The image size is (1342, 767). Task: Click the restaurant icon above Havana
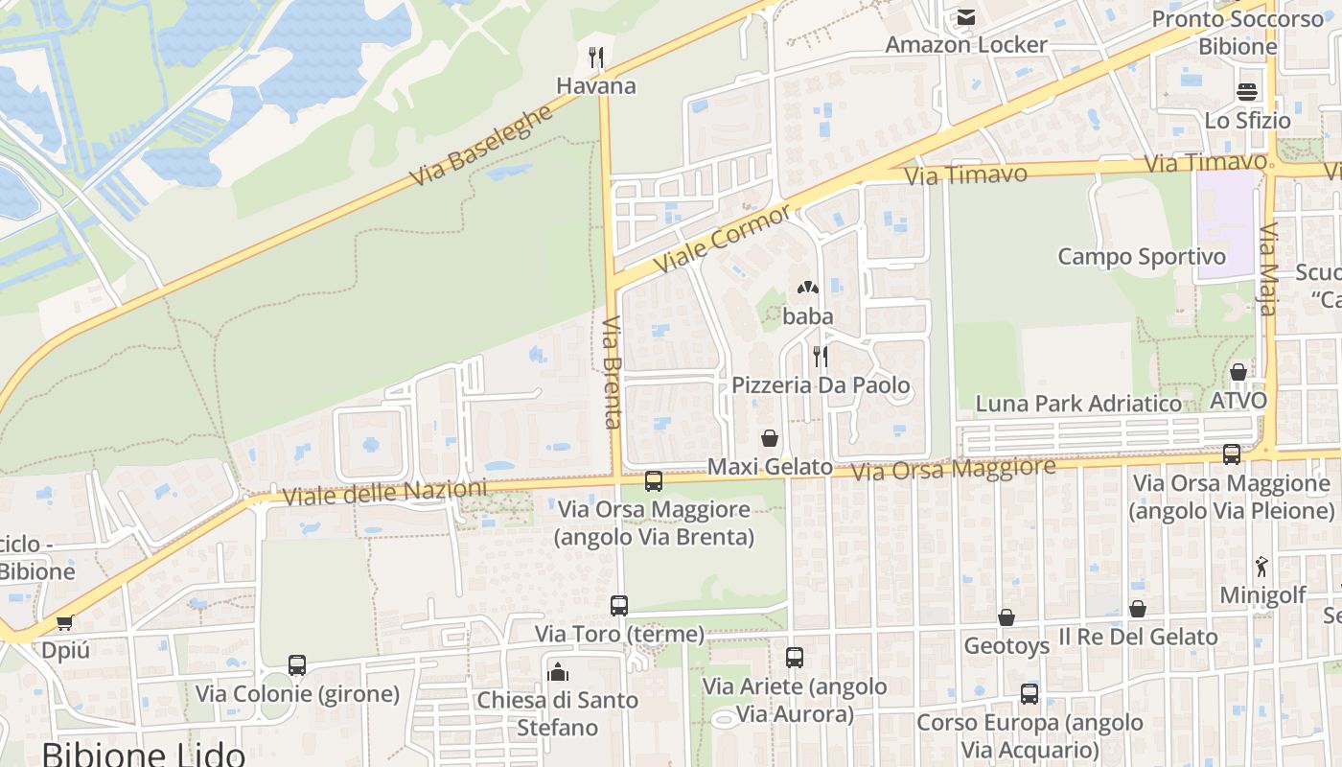click(596, 58)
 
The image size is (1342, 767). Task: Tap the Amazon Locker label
click(965, 44)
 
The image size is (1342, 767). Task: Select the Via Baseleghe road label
click(481, 145)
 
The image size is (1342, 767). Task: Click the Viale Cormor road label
click(722, 238)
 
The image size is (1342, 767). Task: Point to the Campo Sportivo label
click(1141, 257)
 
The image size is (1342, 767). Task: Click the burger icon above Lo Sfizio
click(1247, 92)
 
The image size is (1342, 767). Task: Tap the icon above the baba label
click(807, 287)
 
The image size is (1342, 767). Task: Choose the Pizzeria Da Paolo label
click(821, 385)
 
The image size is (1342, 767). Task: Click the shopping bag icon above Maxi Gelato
click(769, 439)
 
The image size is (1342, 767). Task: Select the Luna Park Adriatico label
click(1078, 404)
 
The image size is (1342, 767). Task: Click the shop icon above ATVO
click(1238, 372)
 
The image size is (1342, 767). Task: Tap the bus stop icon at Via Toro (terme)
click(619, 606)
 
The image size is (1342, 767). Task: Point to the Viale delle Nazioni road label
click(384, 493)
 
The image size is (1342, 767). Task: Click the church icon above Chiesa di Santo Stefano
click(558, 671)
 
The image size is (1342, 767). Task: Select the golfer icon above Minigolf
click(1261, 567)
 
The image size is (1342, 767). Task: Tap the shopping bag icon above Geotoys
click(1006, 617)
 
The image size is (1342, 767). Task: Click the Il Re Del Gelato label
click(1138, 637)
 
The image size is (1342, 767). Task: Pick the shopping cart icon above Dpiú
click(65, 622)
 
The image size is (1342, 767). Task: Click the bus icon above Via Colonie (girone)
click(297, 665)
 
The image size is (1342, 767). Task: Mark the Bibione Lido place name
click(144, 755)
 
